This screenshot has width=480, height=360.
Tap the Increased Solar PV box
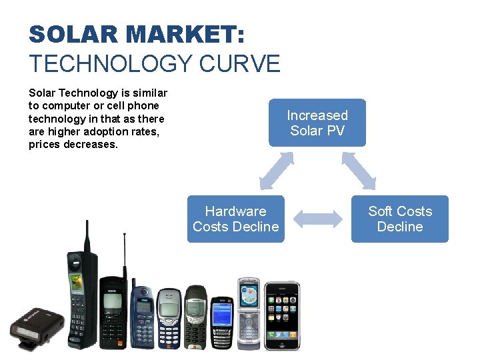click(317, 123)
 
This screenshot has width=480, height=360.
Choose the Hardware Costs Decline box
click(235, 219)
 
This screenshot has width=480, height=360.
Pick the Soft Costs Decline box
click(400, 219)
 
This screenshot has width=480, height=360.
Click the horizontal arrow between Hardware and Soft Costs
click(317, 219)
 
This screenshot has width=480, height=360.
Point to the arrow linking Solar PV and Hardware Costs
click(276, 171)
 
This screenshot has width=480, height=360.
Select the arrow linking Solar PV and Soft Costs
click(359, 171)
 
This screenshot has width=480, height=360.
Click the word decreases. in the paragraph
click(91, 144)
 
